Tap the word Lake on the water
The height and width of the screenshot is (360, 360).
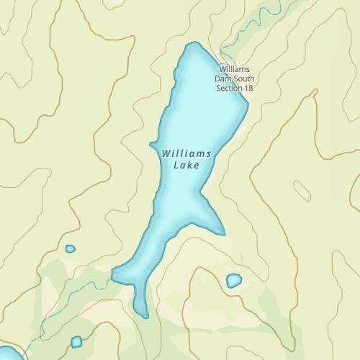click(x=185, y=165)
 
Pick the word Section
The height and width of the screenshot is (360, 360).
click(x=229, y=88)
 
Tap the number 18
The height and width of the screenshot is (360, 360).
click(x=249, y=88)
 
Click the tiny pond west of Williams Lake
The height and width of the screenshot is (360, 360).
click(x=70, y=248)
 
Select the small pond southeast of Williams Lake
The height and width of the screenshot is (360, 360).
click(x=233, y=280)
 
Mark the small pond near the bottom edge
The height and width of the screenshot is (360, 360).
click(x=76, y=341)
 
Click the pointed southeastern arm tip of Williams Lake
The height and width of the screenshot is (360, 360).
click(x=222, y=233)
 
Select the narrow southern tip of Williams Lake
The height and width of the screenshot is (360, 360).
click(x=144, y=314)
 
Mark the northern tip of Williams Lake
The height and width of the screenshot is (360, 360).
click(x=192, y=44)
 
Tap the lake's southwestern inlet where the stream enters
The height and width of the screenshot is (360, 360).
click(x=114, y=274)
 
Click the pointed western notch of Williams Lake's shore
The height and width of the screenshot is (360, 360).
click(x=151, y=145)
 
